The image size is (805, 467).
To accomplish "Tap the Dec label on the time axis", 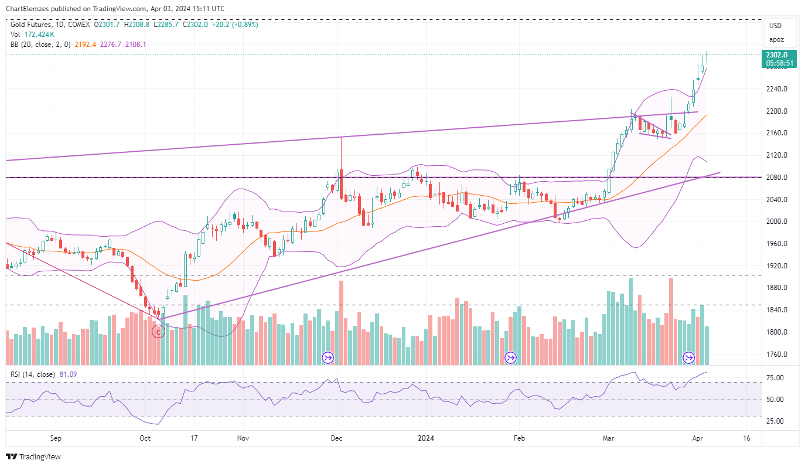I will pyautogui.click(x=336, y=438).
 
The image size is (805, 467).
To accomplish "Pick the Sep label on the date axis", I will pyautogui.click(x=56, y=438).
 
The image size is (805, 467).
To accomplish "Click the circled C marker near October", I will pyautogui.click(x=158, y=332).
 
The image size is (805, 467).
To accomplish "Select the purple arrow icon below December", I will pyautogui.click(x=328, y=357).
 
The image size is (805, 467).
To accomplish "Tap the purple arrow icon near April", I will pyautogui.click(x=689, y=357).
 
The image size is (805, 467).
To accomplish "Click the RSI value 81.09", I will pyautogui.click(x=68, y=374).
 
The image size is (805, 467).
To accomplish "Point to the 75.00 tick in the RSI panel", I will pyautogui.click(x=776, y=378).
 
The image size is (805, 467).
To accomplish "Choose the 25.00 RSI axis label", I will pyautogui.click(x=776, y=421).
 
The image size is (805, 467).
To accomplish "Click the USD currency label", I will pyautogui.click(x=775, y=26).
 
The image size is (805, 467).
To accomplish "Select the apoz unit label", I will pyautogui.click(x=776, y=40).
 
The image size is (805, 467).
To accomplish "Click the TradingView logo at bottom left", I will pyautogui.click(x=33, y=456).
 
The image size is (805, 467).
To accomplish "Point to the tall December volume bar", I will pyautogui.click(x=341, y=322).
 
